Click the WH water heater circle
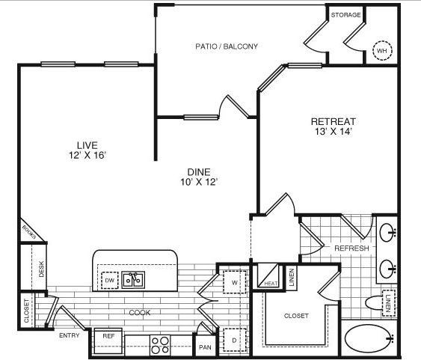(x=382, y=50)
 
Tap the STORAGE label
(x=345, y=15)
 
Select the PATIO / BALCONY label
(x=227, y=46)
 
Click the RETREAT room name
(x=334, y=121)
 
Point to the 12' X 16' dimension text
(x=87, y=155)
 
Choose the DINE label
(x=199, y=172)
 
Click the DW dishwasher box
(x=109, y=281)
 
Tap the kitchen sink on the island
(x=133, y=280)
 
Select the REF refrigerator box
(x=108, y=341)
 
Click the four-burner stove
(x=160, y=345)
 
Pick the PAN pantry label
(x=205, y=347)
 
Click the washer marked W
(x=235, y=282)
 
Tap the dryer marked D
(x=235, y=340)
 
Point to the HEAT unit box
(x=268, y=276)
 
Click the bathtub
(x=369, y=338)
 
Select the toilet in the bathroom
(x=375, y=303)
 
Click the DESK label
(x=41, y=269)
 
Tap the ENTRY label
(x=70, y=335)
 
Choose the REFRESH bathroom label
(x=351, y=248)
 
